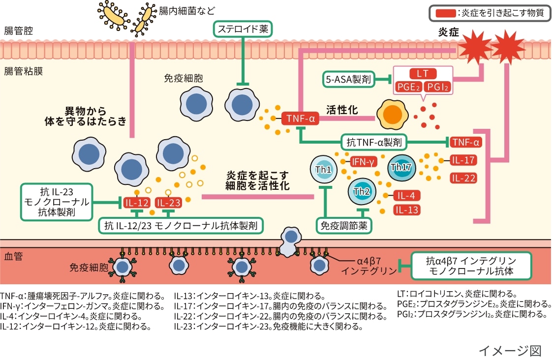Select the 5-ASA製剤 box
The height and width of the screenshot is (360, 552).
[348, 79]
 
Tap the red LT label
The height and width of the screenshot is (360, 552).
[423, 74]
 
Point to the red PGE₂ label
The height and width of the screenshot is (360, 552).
[409, 88]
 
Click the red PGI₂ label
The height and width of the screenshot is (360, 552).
[436, 88]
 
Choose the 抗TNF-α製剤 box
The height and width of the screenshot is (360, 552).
[374, 143]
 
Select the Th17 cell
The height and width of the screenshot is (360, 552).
[400, 167]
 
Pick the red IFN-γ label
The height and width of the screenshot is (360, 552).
[364, 161]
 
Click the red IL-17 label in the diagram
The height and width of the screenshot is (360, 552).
[463, 160]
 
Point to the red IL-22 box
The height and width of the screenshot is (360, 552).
[463, 178]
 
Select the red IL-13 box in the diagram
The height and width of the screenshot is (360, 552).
[406, 210]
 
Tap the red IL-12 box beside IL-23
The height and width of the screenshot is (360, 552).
[136, 202]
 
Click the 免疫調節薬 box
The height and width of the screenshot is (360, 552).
[343, 226]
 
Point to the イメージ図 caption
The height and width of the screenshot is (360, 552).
[510, 350]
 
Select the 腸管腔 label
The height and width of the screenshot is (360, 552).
[18, 30]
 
